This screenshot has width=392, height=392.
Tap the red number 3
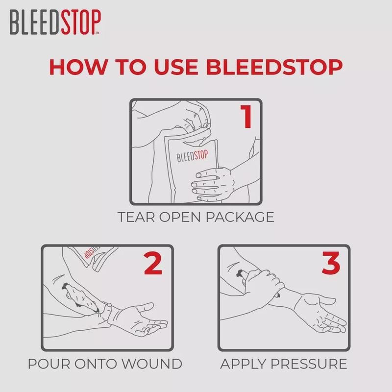click(x=329, y=265)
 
